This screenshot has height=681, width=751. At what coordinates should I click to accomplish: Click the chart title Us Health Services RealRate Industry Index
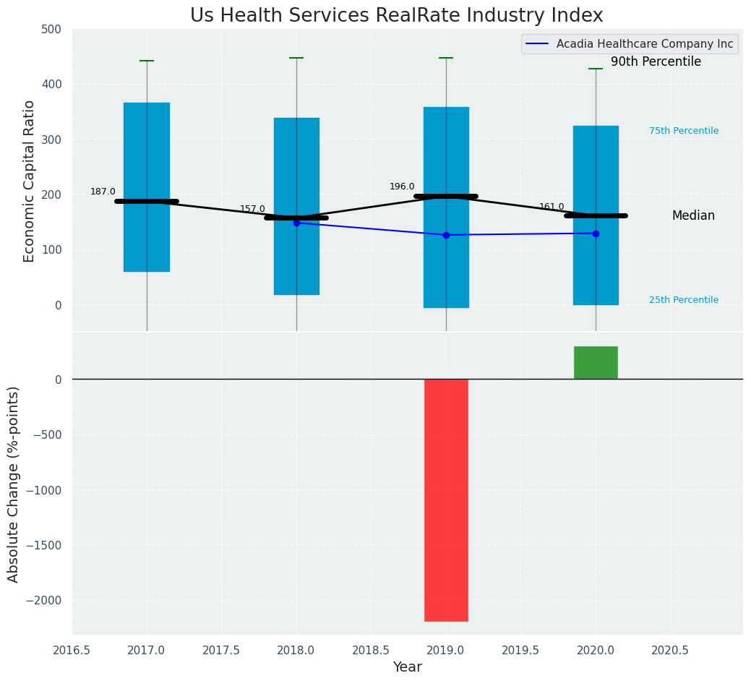pos(396,16)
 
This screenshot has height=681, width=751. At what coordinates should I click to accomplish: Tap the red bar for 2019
pos(446,500)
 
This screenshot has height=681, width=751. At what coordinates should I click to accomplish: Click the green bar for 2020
pos(596,362)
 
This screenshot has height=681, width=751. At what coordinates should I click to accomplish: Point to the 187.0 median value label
pos(103,192)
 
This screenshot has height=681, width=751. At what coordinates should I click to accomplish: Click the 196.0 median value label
pos(402,187)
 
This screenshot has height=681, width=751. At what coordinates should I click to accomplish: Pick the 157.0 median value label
pos(252,209)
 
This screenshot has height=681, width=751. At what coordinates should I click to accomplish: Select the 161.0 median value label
pos(552,207)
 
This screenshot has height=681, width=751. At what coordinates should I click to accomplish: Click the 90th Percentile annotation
pos(656,62)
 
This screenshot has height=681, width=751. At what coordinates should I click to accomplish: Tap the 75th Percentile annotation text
pos(683,131)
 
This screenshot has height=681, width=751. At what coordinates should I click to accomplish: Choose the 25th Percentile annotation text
pos(683,300)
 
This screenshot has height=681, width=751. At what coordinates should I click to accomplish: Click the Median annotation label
pos(693,215)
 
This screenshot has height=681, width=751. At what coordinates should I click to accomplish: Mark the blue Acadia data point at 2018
pos(296,223)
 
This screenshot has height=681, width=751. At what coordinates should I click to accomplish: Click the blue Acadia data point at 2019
pos(446,235)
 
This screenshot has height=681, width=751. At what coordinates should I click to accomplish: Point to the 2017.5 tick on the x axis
pos(221,650)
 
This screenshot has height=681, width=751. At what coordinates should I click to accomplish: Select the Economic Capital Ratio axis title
pos(30,181)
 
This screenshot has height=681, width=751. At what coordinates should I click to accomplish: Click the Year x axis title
pos(407,667)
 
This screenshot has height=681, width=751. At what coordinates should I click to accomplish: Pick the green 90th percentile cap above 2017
pos(147,61)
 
